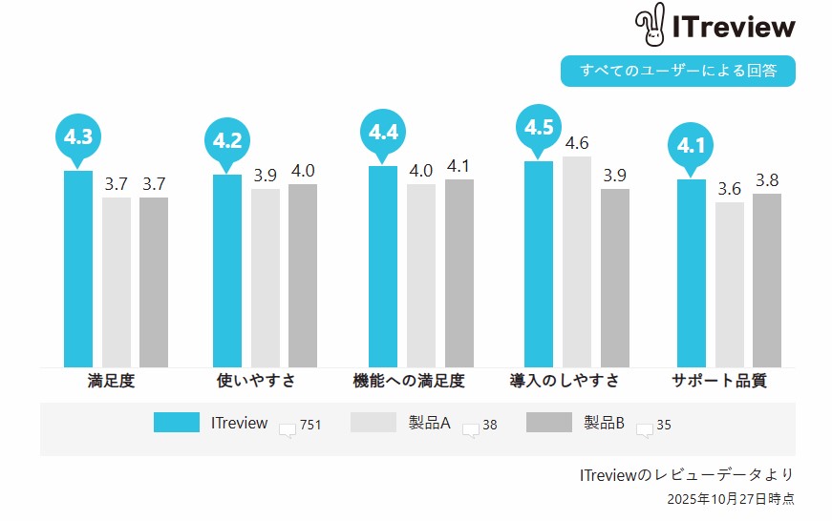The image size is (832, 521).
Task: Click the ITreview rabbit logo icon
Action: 652,26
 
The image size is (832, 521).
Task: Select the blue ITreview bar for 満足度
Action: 78,268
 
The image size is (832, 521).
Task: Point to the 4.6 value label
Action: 577,143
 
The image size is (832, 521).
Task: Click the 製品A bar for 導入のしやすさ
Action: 577,261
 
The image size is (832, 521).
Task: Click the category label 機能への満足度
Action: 408,381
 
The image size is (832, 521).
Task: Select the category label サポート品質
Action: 719,381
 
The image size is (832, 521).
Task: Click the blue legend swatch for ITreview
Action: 177,423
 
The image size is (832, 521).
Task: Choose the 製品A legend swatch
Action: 373,423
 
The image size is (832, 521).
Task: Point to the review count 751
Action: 309,426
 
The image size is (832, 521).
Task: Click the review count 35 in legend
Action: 664,426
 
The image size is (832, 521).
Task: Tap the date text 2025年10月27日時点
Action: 731,498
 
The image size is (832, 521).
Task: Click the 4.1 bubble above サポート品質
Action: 691,147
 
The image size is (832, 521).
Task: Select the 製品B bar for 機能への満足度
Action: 459,273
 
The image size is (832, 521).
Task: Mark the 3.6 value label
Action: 730,189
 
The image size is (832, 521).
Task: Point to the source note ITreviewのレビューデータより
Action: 687,474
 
